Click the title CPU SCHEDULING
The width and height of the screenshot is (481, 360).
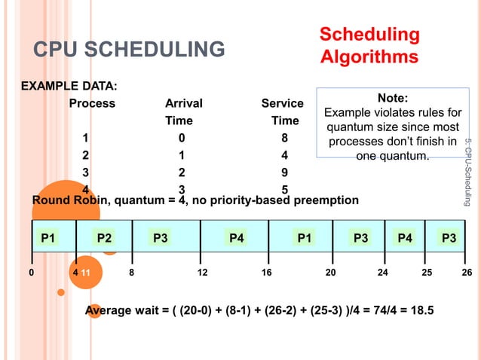[129, 50]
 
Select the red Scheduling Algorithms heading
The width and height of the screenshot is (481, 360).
[369, 45]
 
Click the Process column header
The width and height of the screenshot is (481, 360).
[92, 103]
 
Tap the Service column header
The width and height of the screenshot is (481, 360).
[282, 103]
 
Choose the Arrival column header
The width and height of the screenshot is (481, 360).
[183, 103]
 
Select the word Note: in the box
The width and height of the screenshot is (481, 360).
[392, 98]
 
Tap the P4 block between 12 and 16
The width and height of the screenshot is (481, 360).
[236, 238]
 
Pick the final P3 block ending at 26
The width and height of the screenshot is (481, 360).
[449, 238]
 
